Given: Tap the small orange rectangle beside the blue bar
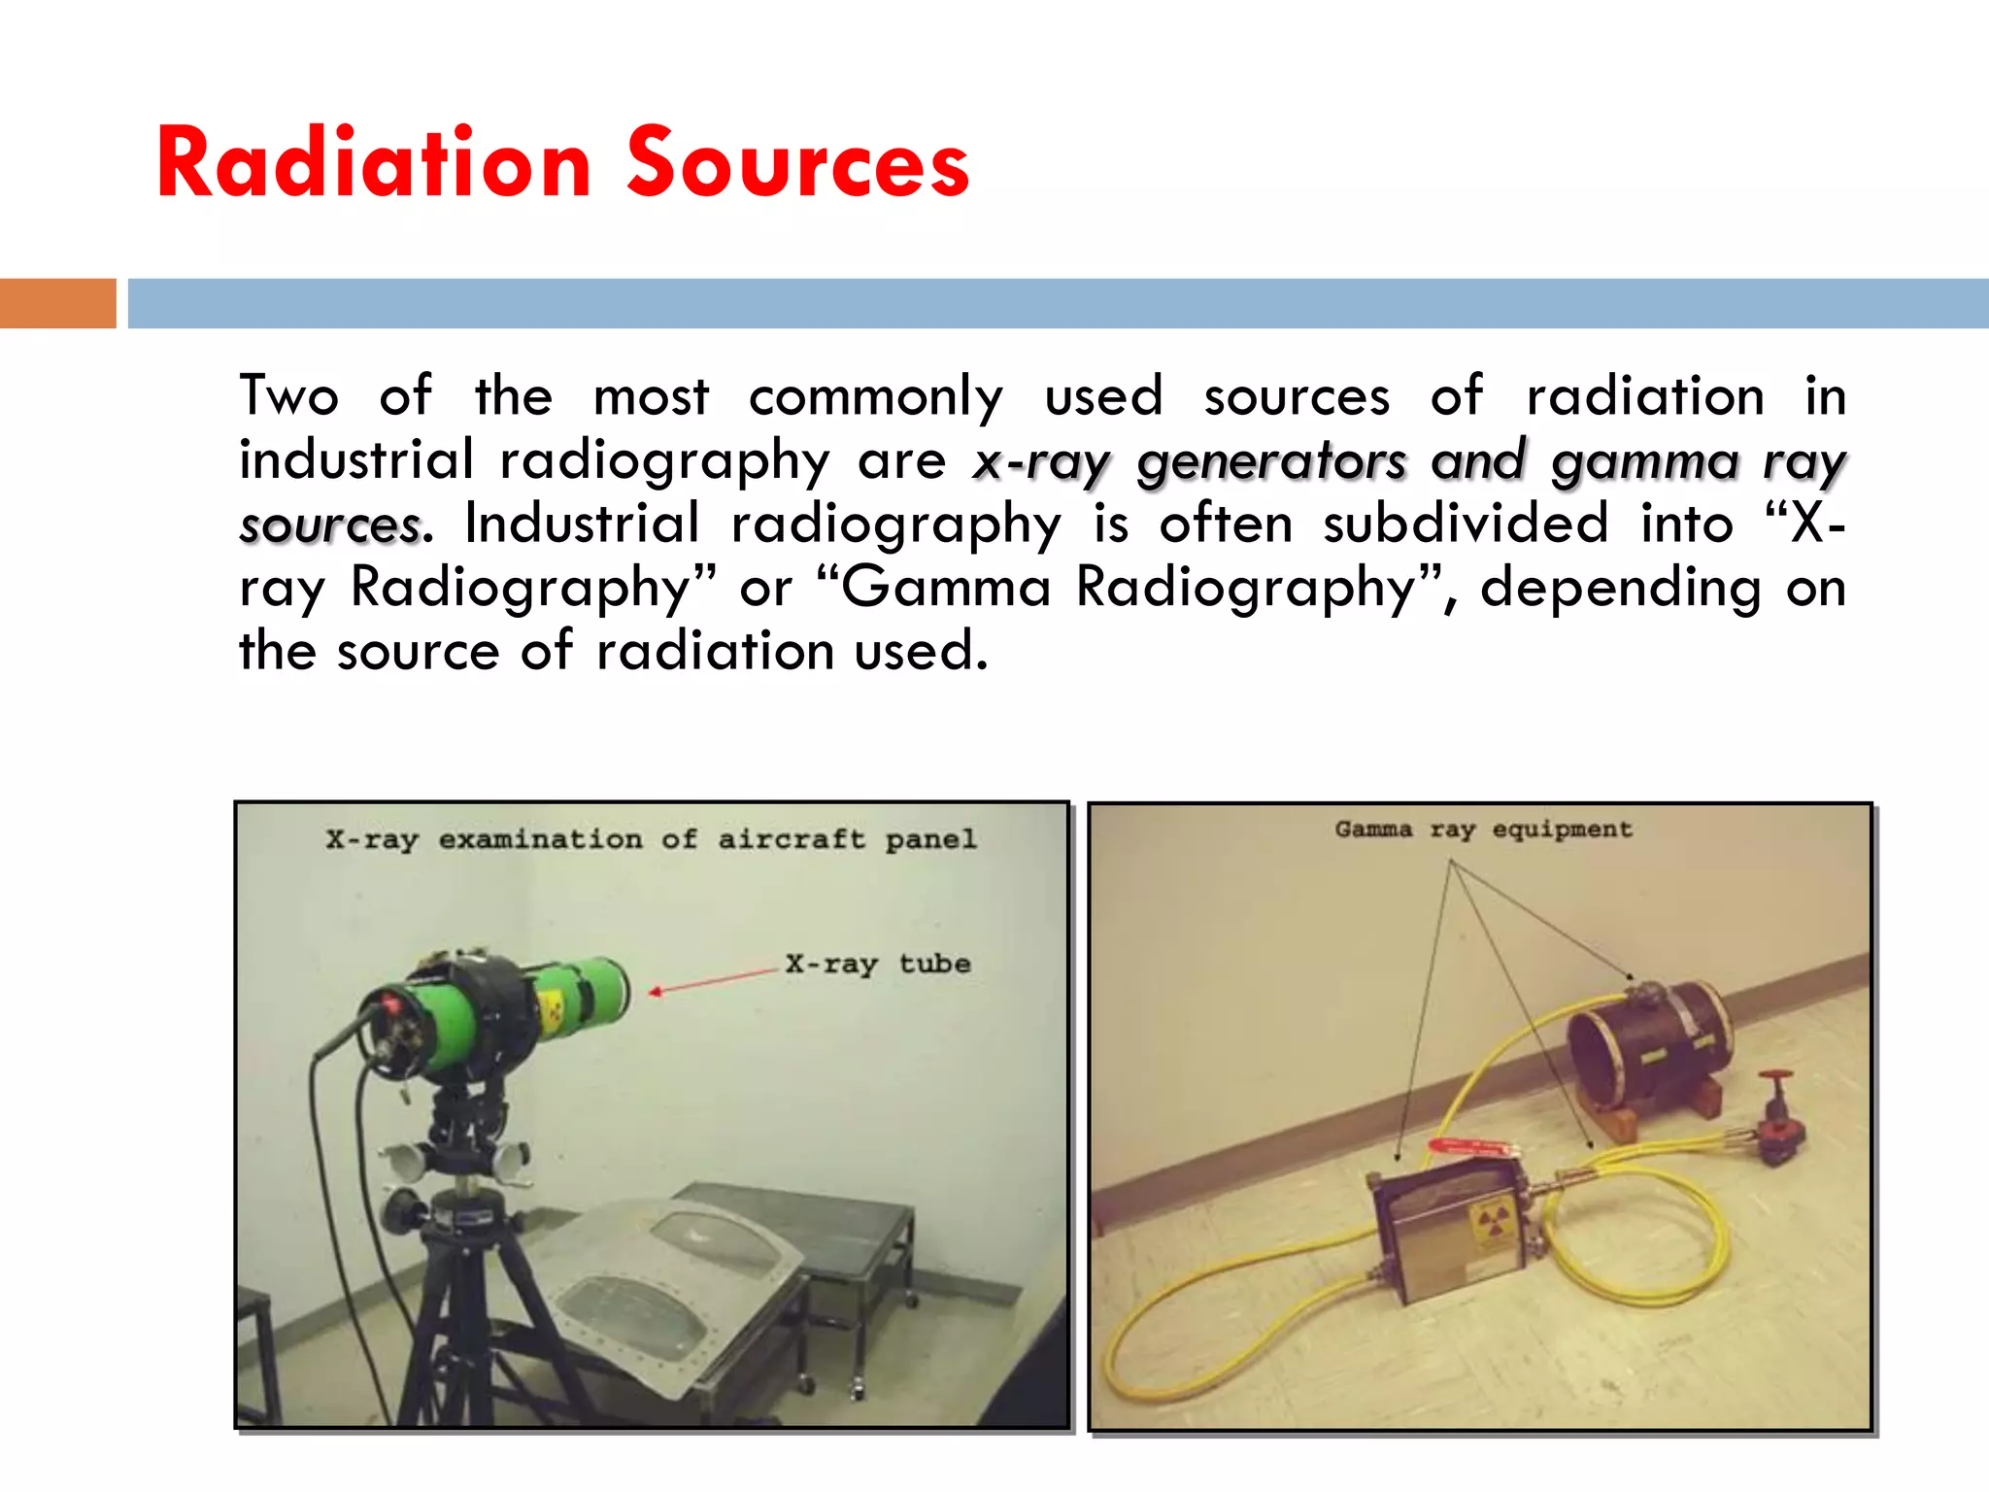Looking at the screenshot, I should (57, 303).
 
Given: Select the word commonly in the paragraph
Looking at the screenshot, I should (875, 397).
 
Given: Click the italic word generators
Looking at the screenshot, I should (1271, 461).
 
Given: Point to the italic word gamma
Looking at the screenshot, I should (1643, 461).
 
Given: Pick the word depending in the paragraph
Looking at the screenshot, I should (1620, 588).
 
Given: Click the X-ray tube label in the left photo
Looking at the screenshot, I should (878, 964).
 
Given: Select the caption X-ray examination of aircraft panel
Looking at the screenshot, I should (651, 839).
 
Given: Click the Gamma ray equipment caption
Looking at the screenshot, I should (1483, 830).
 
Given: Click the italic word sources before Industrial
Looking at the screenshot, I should (329, 526).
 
